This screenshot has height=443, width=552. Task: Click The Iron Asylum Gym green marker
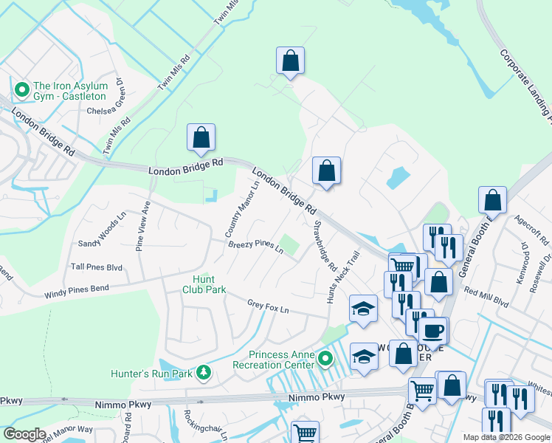pyautogui.click(x=22, y=91)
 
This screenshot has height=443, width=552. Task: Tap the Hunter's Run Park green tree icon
pyautogui.click(x=204, y=374)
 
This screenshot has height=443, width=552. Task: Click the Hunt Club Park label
pyautogui.click(x=204, y=284)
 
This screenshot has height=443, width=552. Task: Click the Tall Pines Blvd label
pyautogui.click(x=97, y=267)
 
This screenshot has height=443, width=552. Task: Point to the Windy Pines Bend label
pyautogui.click(x=76, y=292)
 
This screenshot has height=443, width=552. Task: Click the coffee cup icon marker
pyautogui.click(x=433, y=331)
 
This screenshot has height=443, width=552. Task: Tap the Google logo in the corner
pyautogui.click(x=24, y=434)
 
